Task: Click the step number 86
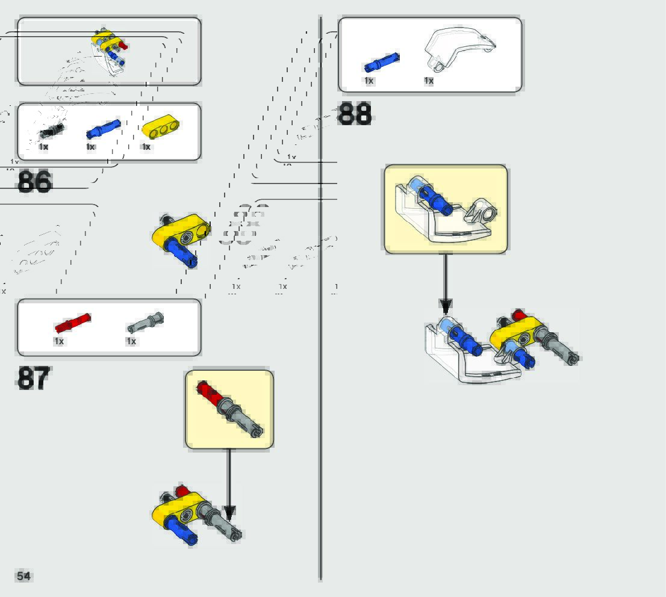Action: point(35,182)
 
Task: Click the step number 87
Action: point(33,379)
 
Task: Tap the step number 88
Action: point(355,114)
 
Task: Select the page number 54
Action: point(23,576)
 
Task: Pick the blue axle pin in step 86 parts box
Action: point(103,129)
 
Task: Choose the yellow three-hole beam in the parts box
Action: point(161,126)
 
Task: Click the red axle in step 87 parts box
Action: point(72,323)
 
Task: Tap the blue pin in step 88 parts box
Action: point(381,62)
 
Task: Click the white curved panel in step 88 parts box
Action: point(461,45)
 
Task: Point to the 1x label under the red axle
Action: point(59,341)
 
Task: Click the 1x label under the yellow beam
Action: point(146,147)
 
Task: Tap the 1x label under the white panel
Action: point(429,81)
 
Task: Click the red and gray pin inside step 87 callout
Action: point(229,408)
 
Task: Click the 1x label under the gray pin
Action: point(131,341)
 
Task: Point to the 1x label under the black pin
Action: point(43,147)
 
